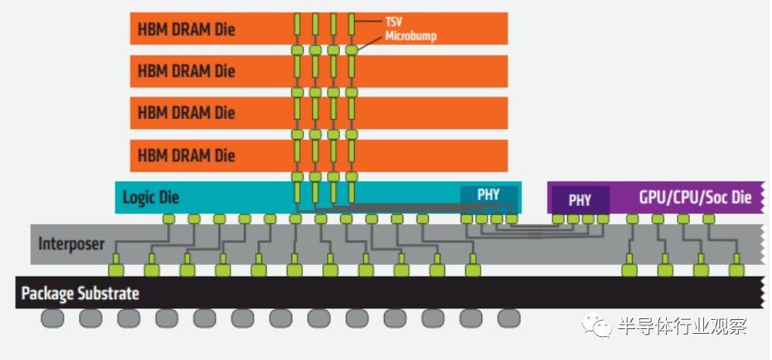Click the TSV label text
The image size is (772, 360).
pyautogui.click(x=393, y=23)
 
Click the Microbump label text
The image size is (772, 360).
pyautogui.click(x=412, y=36)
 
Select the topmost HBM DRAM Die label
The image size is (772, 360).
pyautogui.click(x=186, y=29)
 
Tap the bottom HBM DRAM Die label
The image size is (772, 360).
pyautogui.click(x=186, y=155)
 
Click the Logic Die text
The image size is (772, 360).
pyautogui.click(x=151, y=198)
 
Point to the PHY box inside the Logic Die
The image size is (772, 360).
pyautogui.click(x=488, y=195)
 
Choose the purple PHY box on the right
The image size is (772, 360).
pyautogui.click(x=580, y=200)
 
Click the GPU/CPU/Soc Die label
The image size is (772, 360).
pyautogui.click(x=695, y=197)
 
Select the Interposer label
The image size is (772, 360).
pyautogui.click(x=71, y=244)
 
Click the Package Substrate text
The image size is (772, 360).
pyautogui.click(x=80, y=294)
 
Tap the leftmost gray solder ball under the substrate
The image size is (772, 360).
pyautogui.click(x=53, y=318)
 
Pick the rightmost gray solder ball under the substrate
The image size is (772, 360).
pyautogui.click(x=508, y=318)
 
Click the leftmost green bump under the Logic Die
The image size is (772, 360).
pyautogui.click(x=168, y=219)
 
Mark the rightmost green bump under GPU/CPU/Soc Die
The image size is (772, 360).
pyautogui.click(x=709, y=219)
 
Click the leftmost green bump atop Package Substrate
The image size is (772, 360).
pyautogui.click(x=116, y=270)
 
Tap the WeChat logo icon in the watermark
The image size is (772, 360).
pyautogui.click(x=597, y=325)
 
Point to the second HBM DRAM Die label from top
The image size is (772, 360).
pyautogui.click(x=186, y=71)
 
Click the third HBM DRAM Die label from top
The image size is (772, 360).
pyautogui.click(x=186, y=113)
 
